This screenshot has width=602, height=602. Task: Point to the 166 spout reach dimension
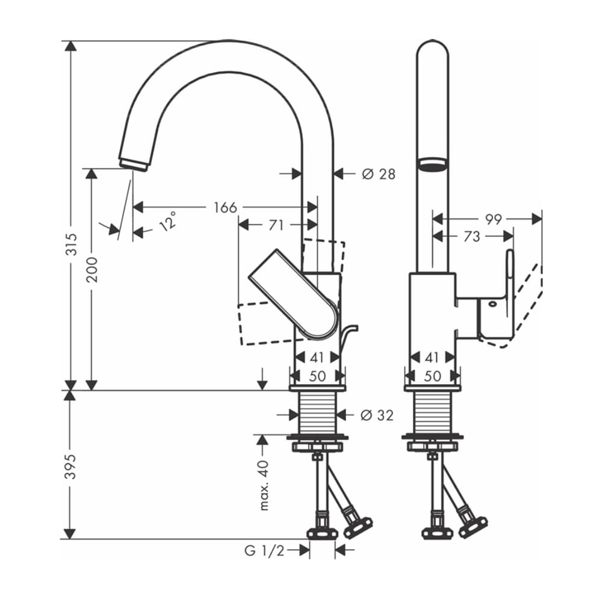point(225,208)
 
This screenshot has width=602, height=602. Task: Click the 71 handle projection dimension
point(276,226)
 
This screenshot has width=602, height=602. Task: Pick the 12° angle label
point(168,221)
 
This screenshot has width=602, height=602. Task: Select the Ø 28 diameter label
point(378,174)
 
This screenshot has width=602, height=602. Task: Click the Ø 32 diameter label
point(377,415)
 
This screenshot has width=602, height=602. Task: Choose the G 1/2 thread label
point(264,550)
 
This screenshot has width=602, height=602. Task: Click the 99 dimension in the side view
point(493,219)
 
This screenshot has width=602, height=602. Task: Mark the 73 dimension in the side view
point(472,237)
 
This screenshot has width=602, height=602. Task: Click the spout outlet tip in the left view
point(133,164)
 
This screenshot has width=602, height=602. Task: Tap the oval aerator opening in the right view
point(432,164)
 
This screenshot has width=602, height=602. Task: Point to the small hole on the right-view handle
point(493,304)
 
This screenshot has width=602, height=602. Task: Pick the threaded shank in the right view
point(432,414)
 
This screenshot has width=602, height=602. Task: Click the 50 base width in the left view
point(317,376)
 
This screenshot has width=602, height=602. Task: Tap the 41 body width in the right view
point(432,358)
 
